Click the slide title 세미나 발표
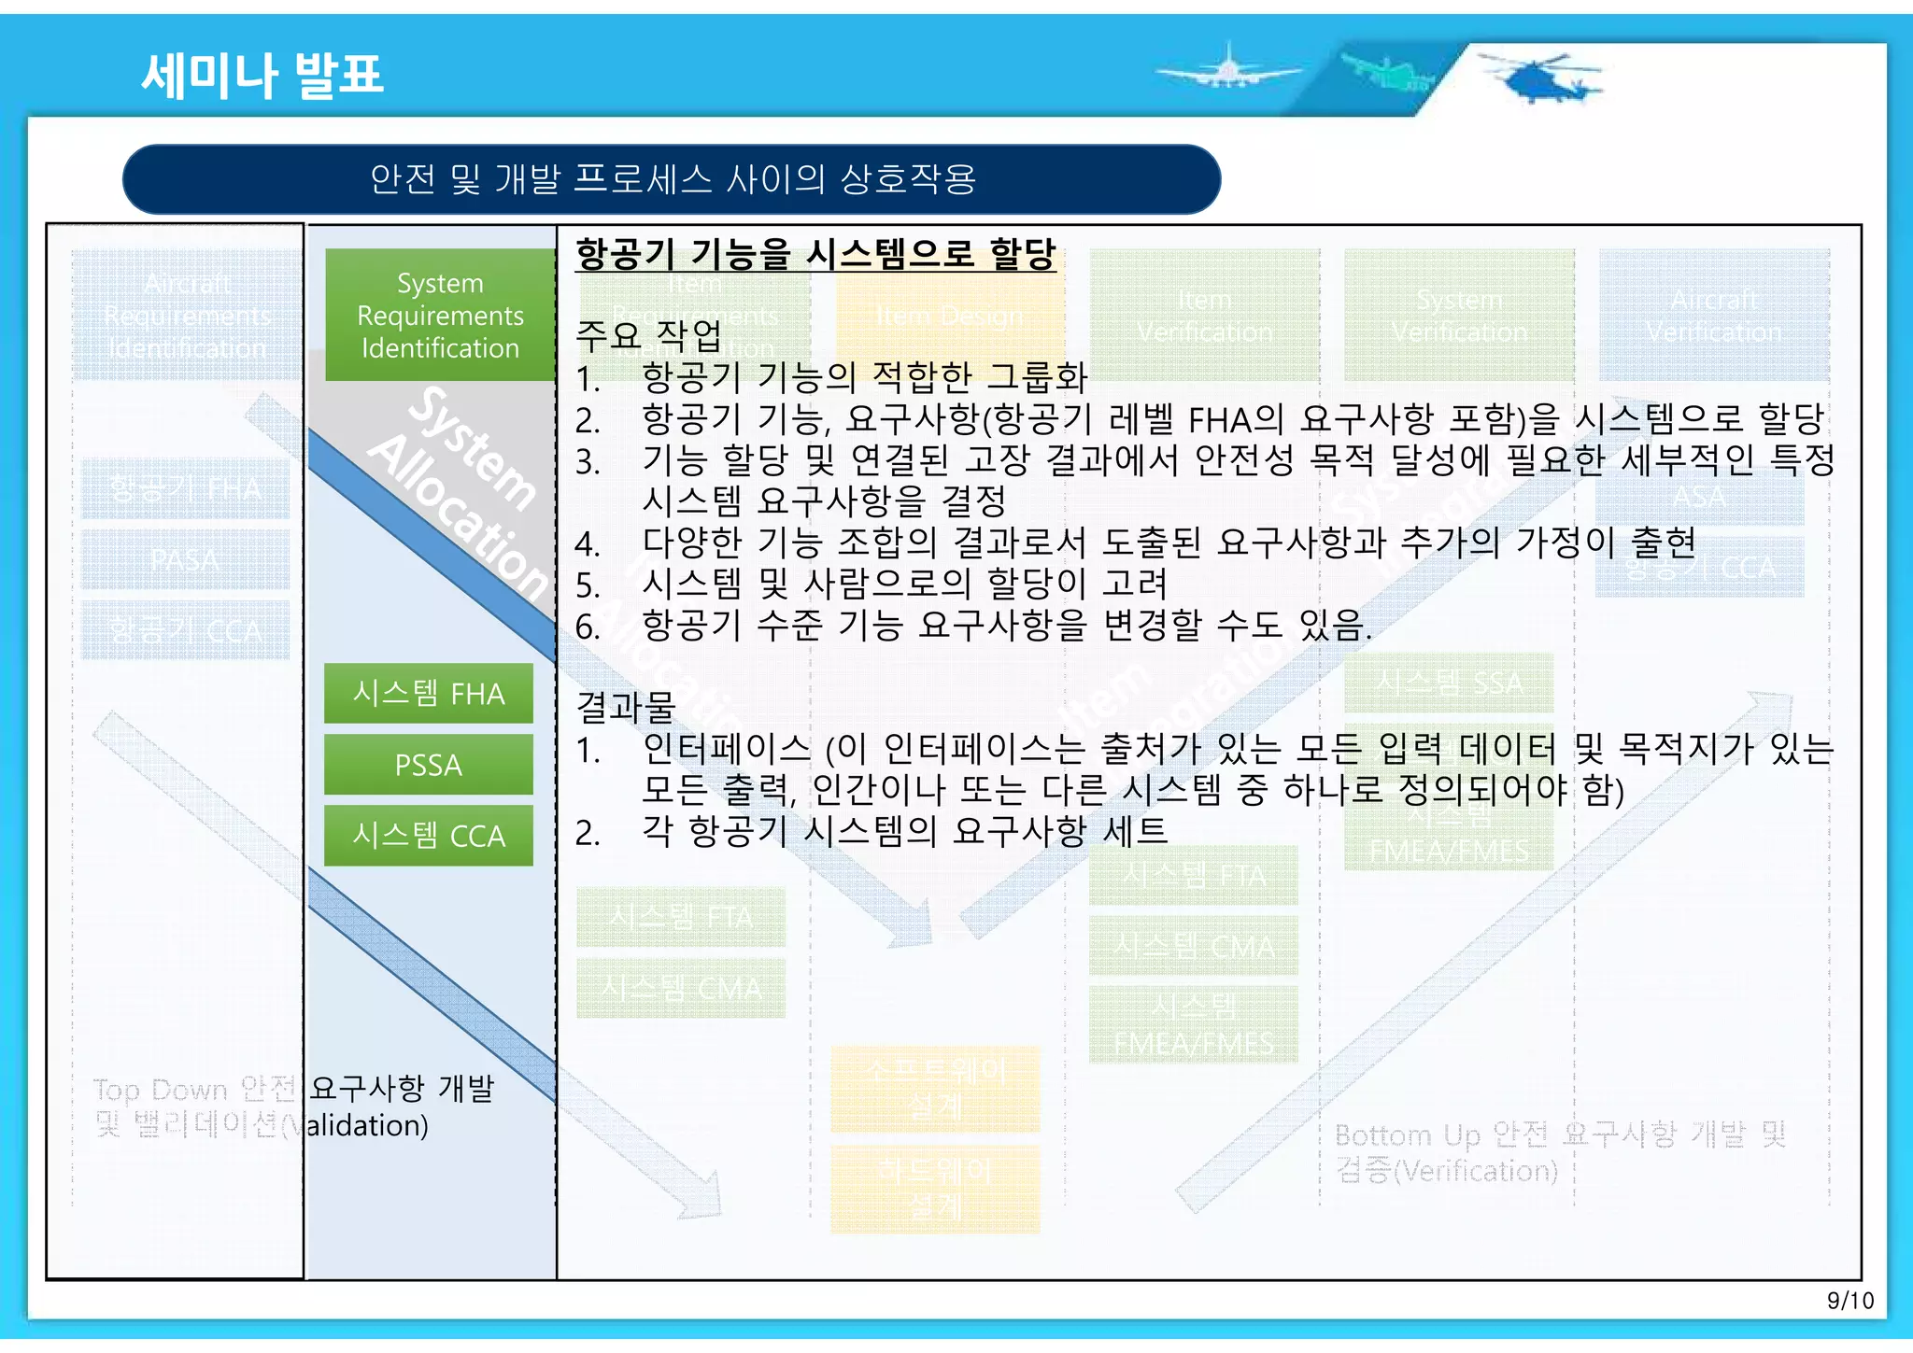tap(262, 75)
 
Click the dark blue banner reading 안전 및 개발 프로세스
tap(672, 178)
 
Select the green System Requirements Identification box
tap(440, 315)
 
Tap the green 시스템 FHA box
tap(429, 693)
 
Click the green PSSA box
tap(429, 765)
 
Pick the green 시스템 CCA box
tap(429, 835)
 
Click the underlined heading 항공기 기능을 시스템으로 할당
tap(815, 254)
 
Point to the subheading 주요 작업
tap(648, 333)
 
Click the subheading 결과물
tap(625, 707)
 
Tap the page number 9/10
tap(1849, 1301)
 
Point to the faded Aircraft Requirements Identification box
tap(187, 315)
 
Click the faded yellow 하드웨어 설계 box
tap(935, 1188)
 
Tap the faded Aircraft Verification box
tap(1713, 315)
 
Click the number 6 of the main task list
tap(588, 627)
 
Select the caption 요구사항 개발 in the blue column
tap(402, 1088)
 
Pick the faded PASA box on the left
tap(185, 559)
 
